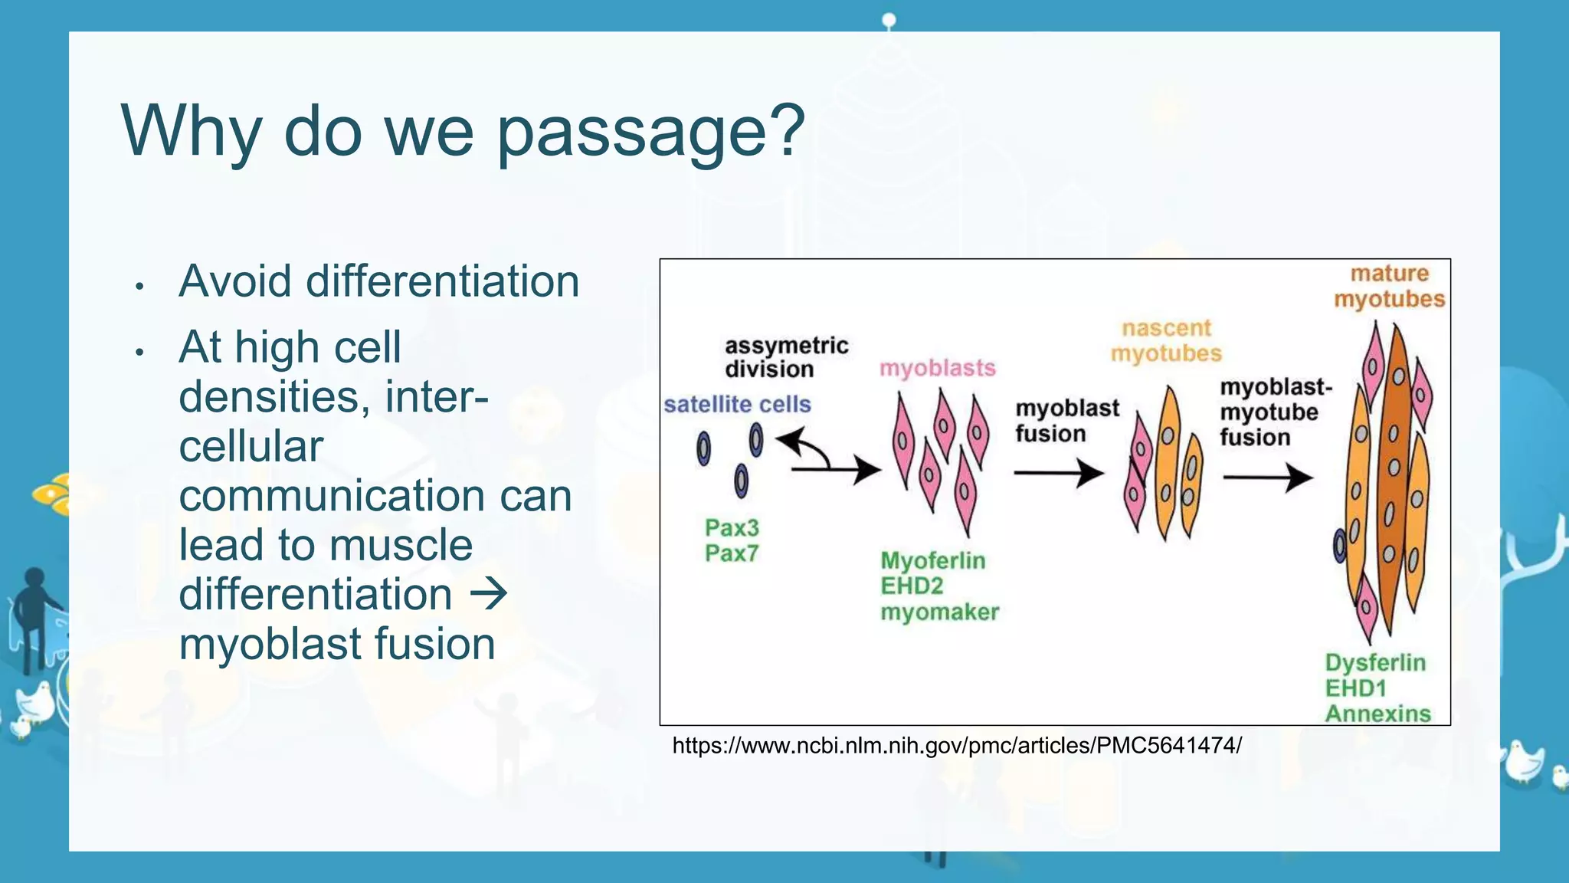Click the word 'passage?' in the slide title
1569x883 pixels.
[651, 132]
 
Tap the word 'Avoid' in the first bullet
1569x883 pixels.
[234, 281]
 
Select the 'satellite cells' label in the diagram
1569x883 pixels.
[737, 404]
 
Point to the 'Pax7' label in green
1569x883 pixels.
[732, 553]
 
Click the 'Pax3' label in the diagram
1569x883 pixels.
[732, 527]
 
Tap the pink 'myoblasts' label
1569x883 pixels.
[937, 368]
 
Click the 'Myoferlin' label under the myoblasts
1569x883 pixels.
[932, 560]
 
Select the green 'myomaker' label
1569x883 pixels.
[939, 612]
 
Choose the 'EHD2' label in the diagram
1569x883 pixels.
[912, 586]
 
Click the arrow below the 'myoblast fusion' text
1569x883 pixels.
[1059, 473]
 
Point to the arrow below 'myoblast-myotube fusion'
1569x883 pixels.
[1269, 478]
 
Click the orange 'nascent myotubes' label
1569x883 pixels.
[1166, 341]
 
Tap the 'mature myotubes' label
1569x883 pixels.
[1389, 286]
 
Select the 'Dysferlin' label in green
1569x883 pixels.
[1375, 662]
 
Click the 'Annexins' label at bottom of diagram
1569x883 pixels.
[1377, 714]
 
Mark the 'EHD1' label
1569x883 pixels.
[1355, 688]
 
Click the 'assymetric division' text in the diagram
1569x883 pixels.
[786, 357]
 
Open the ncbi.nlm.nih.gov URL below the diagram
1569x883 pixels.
[956, 745]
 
